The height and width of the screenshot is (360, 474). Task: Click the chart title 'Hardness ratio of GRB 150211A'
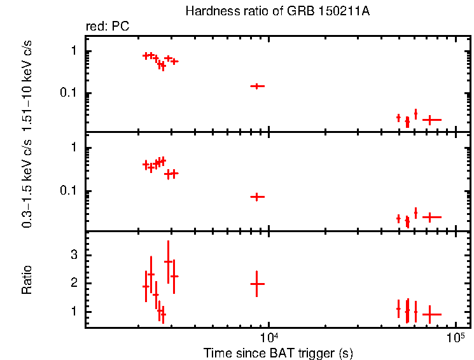tap(277, 11)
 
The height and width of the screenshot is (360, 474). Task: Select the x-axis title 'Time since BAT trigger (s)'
tap(277, 352)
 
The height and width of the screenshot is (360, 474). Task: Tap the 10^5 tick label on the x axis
tap(455, 336)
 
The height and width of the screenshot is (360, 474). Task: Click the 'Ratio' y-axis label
tap(27, 279)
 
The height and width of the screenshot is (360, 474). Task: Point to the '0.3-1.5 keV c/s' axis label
tap(27, 184)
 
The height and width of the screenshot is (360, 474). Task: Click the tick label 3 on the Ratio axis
tap(74, 254)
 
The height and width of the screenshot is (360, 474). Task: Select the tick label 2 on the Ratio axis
tap(74, 283)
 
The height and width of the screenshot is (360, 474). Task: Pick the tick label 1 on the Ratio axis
tap(74, 312)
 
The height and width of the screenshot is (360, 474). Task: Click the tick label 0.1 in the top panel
tap(69, 93)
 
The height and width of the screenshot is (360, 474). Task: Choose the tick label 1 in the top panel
tap(74, 51)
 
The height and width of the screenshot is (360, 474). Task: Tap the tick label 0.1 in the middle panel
tap(69, 191)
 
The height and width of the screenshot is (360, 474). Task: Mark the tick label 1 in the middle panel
tap(74, 148)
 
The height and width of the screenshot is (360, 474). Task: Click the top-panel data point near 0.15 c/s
tap(256, 86)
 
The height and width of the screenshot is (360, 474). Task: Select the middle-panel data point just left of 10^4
tap(256, 197)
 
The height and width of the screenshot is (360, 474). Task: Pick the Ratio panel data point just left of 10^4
tap(256, 284)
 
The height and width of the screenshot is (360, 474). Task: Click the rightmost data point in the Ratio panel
tap(431, 314)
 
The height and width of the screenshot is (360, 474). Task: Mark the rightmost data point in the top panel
tap(431, 120)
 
